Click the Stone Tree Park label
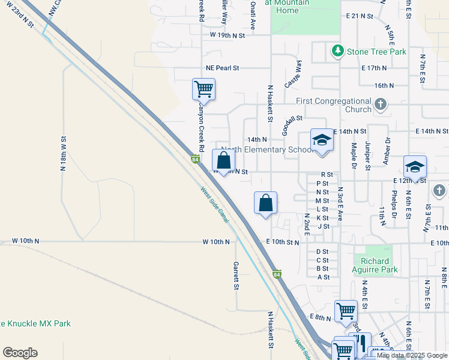[x=376, y=52]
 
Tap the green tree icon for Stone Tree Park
[x=338, y=51]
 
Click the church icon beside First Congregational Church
[x=380, y=105]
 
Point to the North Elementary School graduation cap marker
[x=321, y=140]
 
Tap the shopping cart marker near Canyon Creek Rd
[x=203, y=89]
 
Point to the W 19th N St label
[x=228, y=36]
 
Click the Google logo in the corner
[x=20, y=353]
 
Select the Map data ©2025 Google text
[x=412, y=355]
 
